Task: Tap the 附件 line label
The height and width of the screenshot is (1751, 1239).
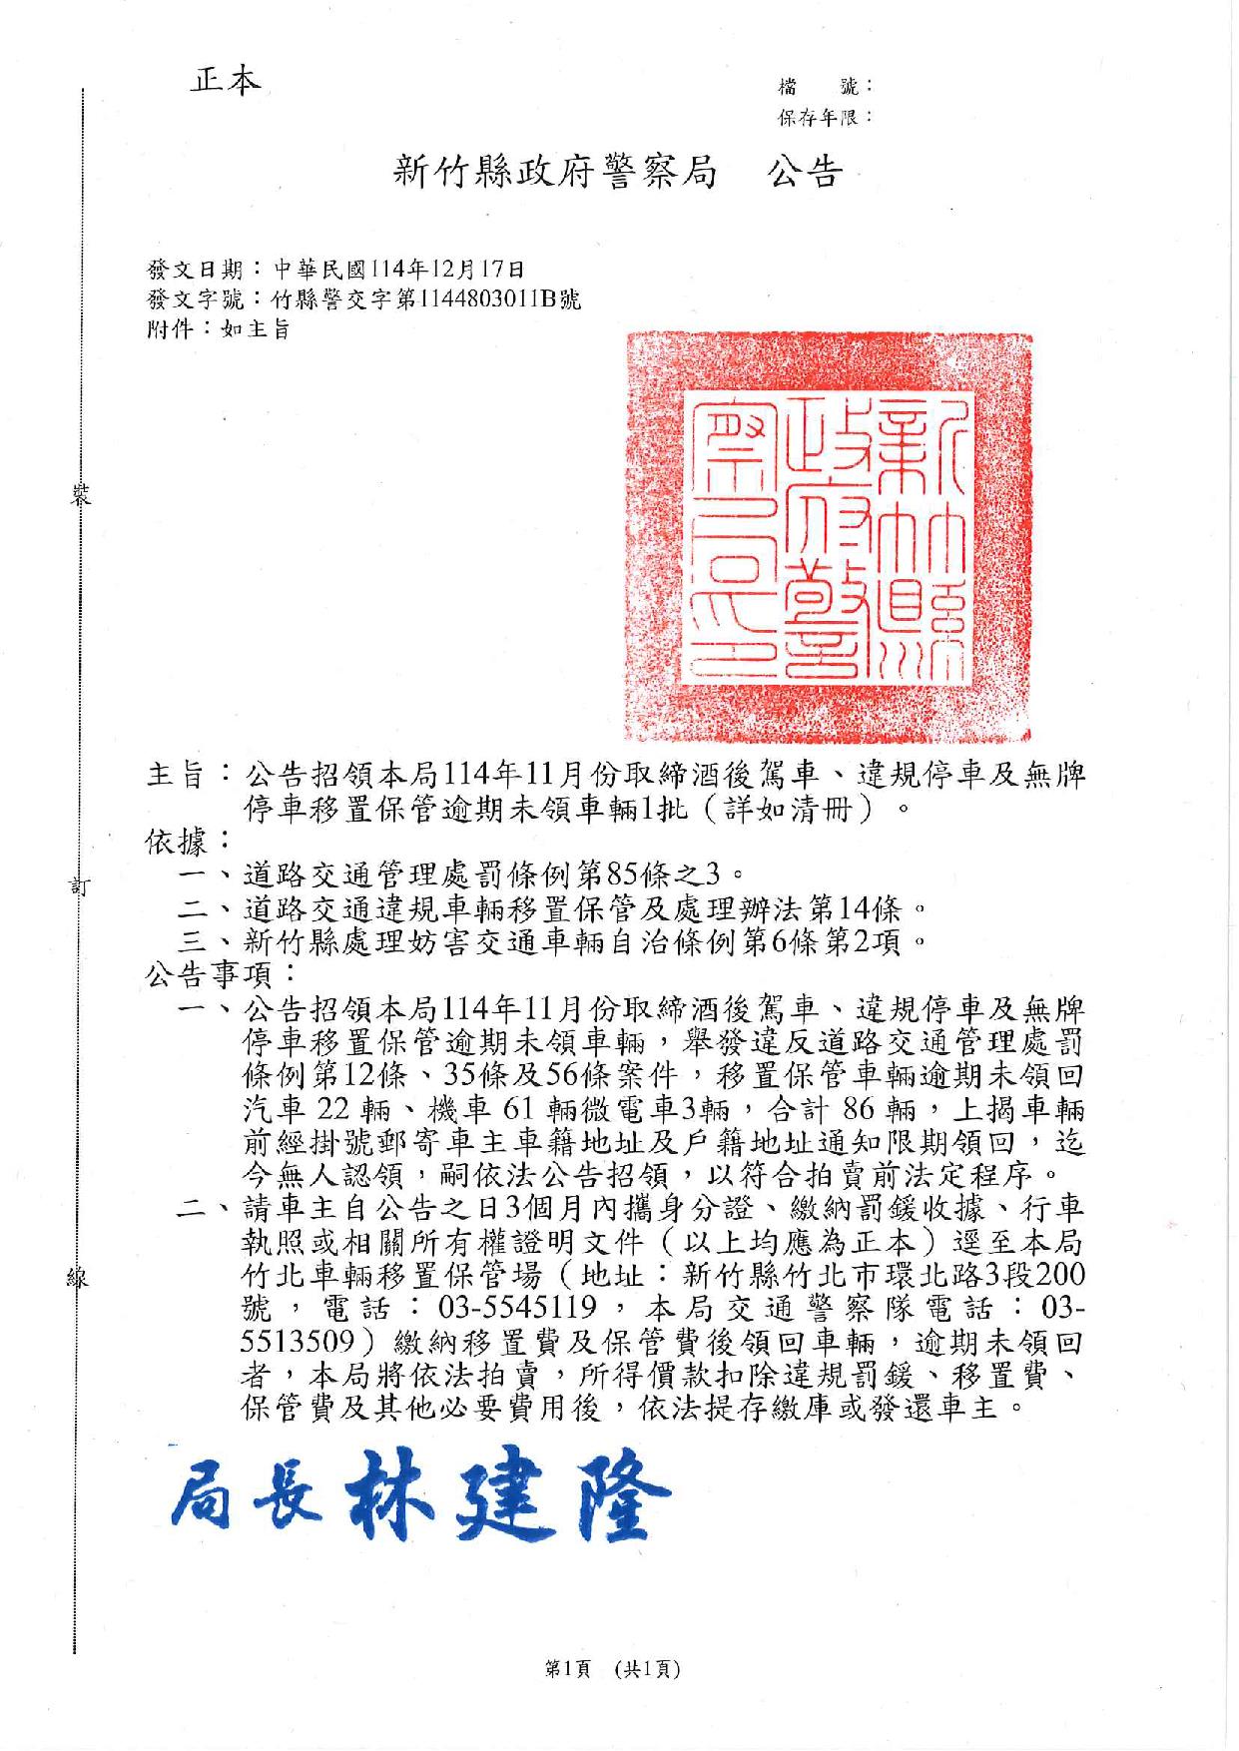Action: (x=166, y=328)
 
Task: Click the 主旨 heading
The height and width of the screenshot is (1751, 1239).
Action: (x=177, y=775)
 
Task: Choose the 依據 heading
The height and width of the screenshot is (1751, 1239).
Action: (x=177, y=841)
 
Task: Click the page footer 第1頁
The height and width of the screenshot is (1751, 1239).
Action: (x=567, y=1667)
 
